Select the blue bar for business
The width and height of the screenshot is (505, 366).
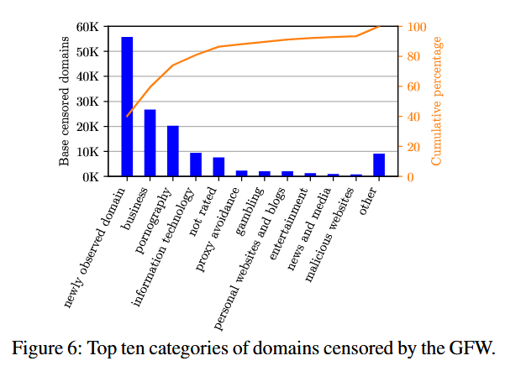pos(150,143)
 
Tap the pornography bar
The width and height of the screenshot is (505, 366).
pos(173,151)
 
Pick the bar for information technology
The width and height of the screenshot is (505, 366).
pos(196,165)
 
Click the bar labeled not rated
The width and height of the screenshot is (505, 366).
pos(218,167)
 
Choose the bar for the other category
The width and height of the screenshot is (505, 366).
pos(379,165)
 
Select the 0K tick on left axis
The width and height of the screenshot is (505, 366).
pos(91,177)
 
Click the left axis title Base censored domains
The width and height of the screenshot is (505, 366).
pos(65,102)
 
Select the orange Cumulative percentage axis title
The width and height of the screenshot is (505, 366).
pos(437,102)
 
